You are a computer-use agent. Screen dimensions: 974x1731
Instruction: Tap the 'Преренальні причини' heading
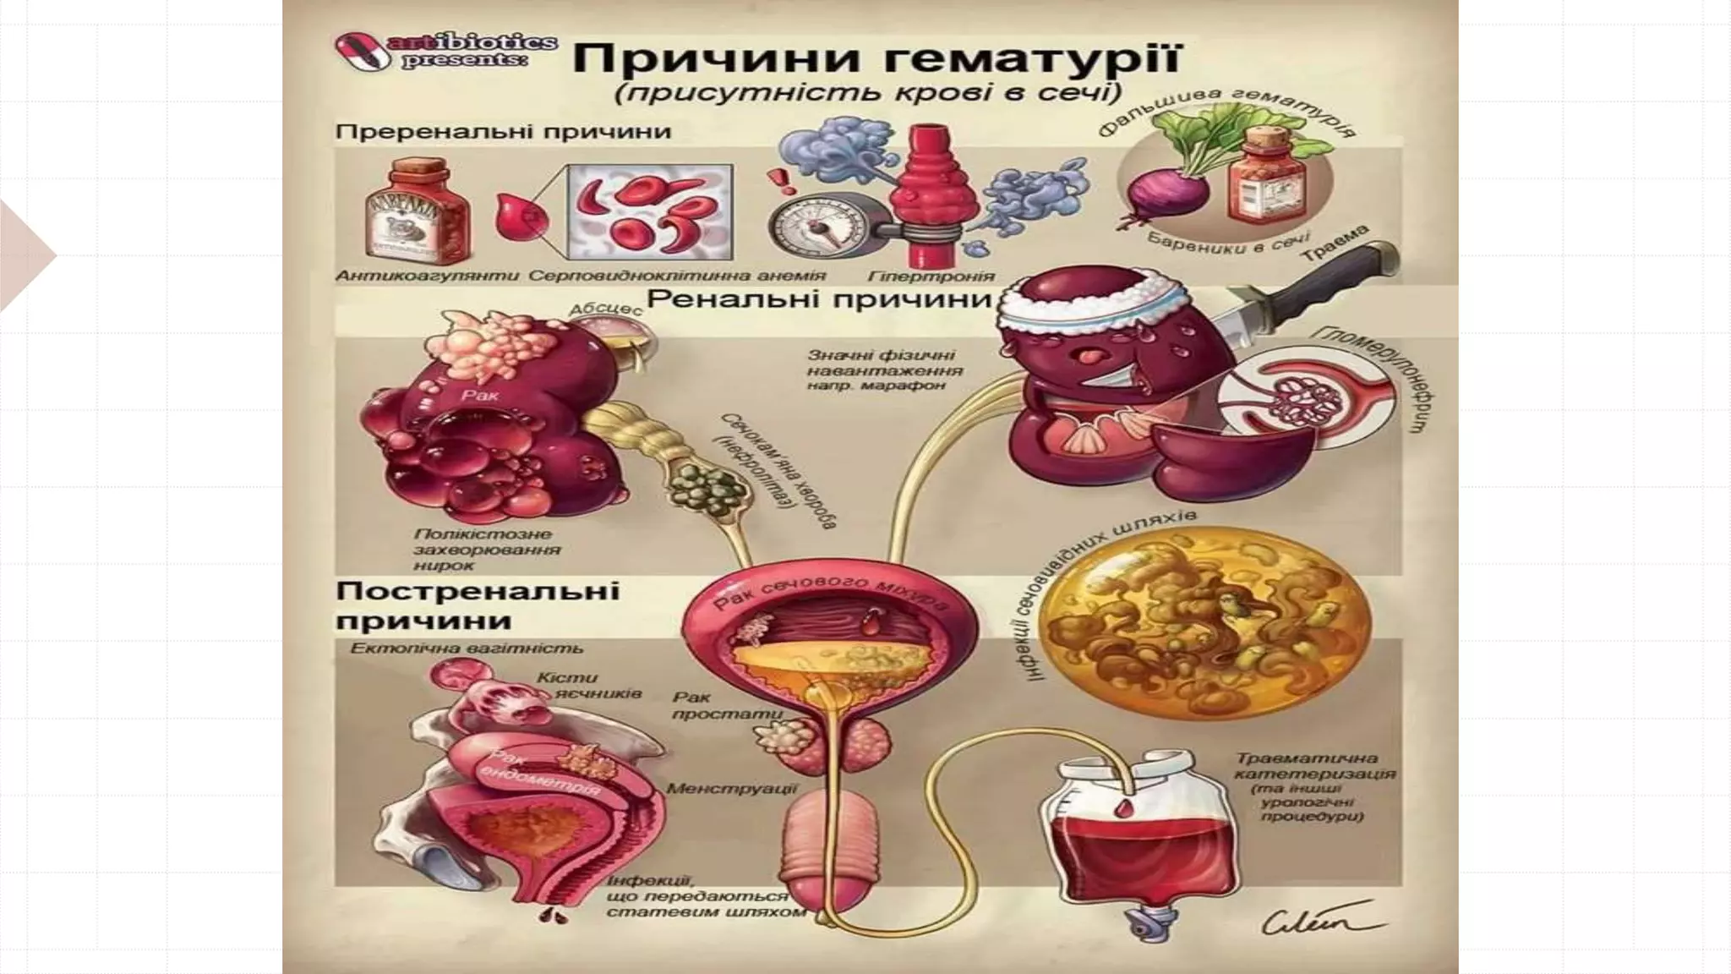pyautogui.click(x=503, y=132)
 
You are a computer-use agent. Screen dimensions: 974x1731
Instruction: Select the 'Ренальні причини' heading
pyautogui.click(x=818, y=299)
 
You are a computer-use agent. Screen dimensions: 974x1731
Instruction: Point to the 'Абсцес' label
pyautogui.click(x=606, y=309)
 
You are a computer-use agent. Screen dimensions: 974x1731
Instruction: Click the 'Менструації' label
pyautogui.click(x=731, y=788)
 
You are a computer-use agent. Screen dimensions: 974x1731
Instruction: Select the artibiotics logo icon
pyautogui.click(x=358, y=47)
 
